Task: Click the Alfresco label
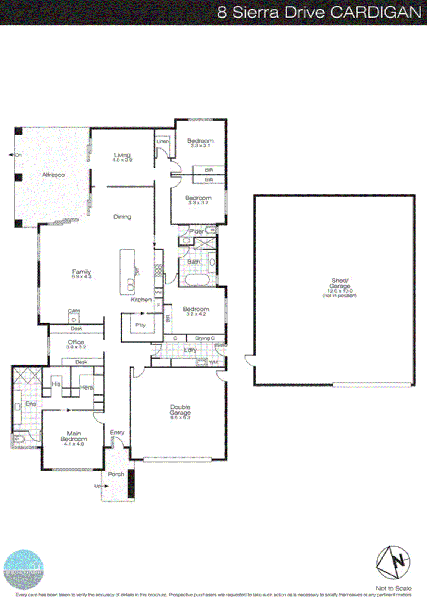tap(53, 175)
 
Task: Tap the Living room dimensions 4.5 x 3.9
tap(122, 160)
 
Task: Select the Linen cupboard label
tap(162, 141)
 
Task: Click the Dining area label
tap(122, 217)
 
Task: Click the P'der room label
tap(196, 231)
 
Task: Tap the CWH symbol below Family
tap(74, 319)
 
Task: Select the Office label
tap(76, 342)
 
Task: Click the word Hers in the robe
tap(86, 387)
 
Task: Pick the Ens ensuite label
tap(31, 404)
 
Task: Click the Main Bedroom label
tap(74, 436)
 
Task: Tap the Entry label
tap(117, 432)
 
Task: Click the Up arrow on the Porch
tap(105, 486)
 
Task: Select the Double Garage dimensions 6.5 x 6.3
tap(180, 418)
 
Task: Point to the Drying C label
tap(205, 338)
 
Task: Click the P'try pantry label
tap(140, 325)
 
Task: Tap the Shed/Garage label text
tap(340, 283)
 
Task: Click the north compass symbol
tap(393, 562)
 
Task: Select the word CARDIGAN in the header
tap(375, 12)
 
